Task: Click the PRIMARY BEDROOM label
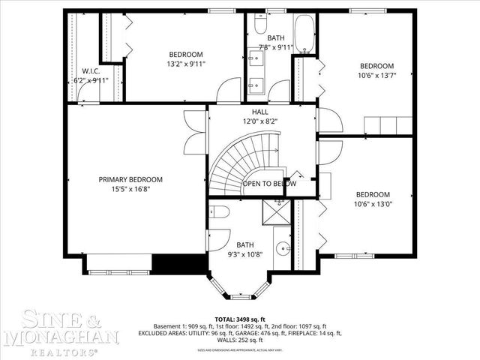pos(130,179)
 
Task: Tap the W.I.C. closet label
pos(91,71)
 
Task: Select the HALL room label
pos(259,112)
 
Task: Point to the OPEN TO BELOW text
pos(268,184)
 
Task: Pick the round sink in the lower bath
pos(280,248)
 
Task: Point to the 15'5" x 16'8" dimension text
pos(130,189)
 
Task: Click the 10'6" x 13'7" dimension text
pos(376,75)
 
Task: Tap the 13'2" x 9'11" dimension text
pos(186,64)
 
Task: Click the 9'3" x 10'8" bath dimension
pos(245,254)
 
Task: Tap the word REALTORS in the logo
pos(61,349)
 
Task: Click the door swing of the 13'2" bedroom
pos(224,93)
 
